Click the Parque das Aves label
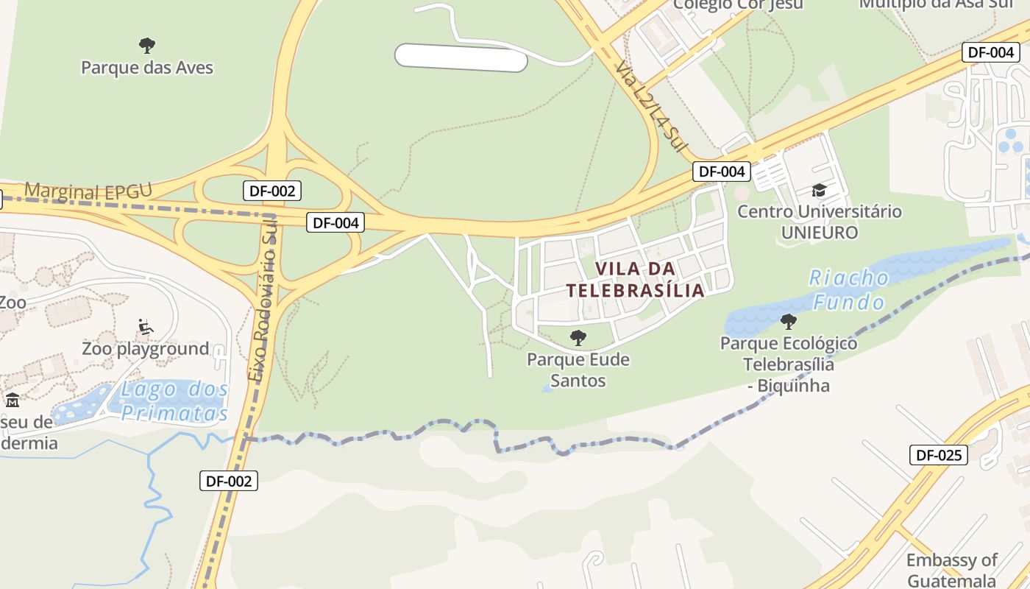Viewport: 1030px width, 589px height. click(146, 68)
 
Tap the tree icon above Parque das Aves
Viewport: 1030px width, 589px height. click(147, 46)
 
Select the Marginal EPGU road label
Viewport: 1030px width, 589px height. click(88, 191)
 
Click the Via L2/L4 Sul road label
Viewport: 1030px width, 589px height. click(647, 107)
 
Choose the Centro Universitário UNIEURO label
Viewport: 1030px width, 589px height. click(819, 222)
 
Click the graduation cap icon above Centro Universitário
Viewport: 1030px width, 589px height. click(819, 191)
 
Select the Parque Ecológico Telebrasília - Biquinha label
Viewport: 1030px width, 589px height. click(788, 364)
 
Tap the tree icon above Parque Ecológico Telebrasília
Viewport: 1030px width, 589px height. click(788, 322)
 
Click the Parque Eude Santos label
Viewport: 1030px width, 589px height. click(578, 370)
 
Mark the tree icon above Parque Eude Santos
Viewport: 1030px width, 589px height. click(578, 338)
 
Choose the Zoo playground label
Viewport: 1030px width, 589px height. click(145, 348)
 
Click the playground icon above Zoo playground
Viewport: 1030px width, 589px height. click(145, 327)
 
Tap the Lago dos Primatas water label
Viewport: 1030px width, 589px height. click(174, 401)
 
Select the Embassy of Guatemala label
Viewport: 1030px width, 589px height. click(951, 570)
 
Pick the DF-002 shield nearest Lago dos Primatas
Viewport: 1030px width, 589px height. click(229, 482)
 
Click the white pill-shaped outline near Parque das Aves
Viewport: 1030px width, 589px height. click(461, 57)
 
